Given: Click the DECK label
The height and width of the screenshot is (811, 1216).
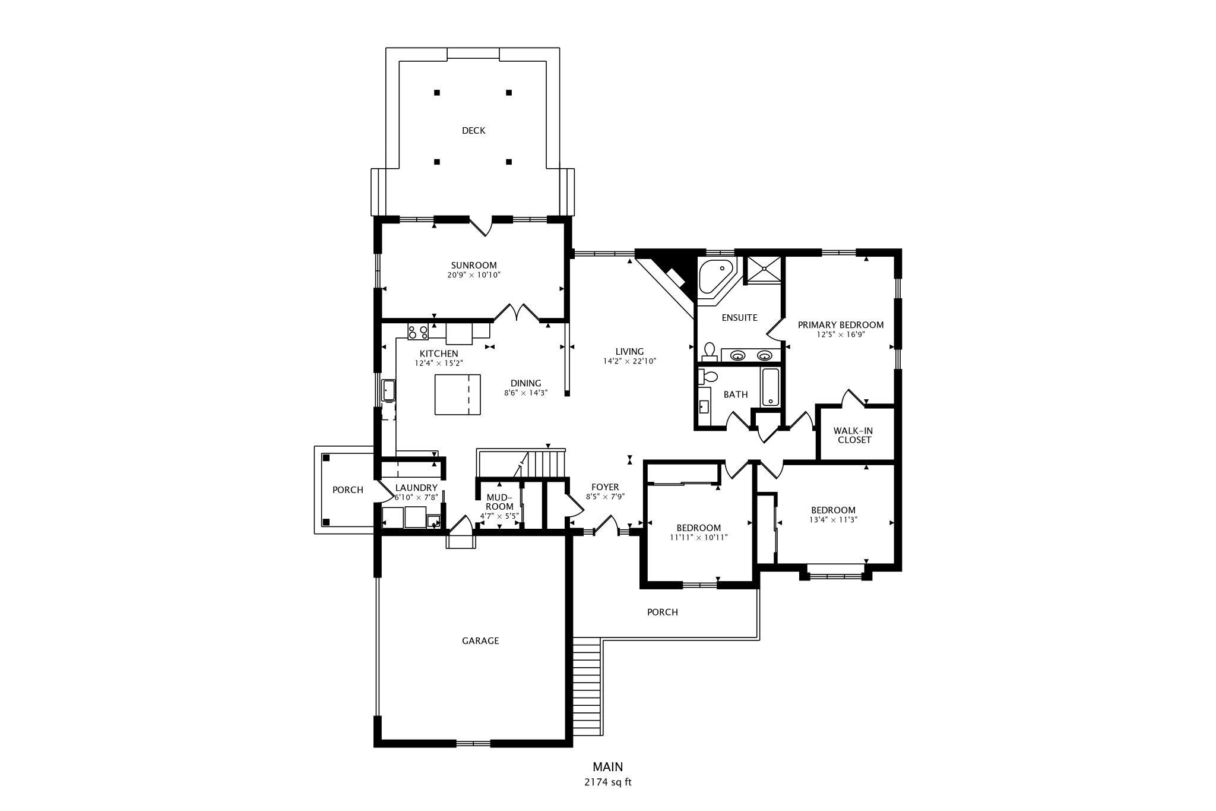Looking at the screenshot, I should [473, 131].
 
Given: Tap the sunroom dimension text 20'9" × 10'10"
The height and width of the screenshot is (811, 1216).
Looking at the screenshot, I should [474, 275].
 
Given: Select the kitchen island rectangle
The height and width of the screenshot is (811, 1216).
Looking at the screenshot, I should [457, 395].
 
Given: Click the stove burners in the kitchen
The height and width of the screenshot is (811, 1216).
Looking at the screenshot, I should [418, 332].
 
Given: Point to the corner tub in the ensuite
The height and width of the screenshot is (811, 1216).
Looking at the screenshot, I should [715, 276].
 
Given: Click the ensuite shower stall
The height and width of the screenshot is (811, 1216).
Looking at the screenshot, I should [763, 270].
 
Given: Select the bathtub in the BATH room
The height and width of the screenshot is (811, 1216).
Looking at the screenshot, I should [770, 387].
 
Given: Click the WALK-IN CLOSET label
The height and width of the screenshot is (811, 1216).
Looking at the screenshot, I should [853, 436].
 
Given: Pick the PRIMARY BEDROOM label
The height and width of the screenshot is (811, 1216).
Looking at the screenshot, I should [840, 325].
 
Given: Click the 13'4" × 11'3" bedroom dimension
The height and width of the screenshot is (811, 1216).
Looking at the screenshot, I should [833, 519].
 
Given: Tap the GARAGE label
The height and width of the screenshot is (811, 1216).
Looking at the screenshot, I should [480, 640].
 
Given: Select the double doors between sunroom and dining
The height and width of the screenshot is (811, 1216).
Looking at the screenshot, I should [517, 313].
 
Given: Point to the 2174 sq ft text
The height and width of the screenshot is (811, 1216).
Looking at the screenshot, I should [607, 782].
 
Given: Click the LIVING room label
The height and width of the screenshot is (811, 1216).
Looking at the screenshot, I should [629, 352].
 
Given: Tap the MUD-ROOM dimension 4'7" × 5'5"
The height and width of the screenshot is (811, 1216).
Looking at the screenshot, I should [499, 516].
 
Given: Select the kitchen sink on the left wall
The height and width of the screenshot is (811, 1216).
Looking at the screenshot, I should [388, 390].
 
